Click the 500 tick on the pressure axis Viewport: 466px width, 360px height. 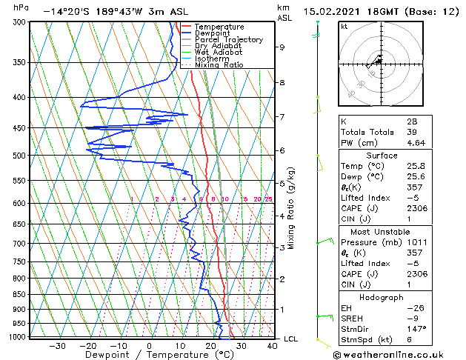click(x=20, y=156)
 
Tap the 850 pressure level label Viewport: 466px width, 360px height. click(x=20, y=294)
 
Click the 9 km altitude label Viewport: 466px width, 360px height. click(x=282, y=47)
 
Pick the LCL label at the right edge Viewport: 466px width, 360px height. click(x=291, y=339)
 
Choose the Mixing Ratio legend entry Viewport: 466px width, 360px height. click(x=219, y=65)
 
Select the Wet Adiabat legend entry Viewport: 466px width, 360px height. click(x=218, y=53)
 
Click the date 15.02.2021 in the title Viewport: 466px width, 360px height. click(x=348, y=11)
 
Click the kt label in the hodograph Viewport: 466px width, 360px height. click(x=344, y=26)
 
